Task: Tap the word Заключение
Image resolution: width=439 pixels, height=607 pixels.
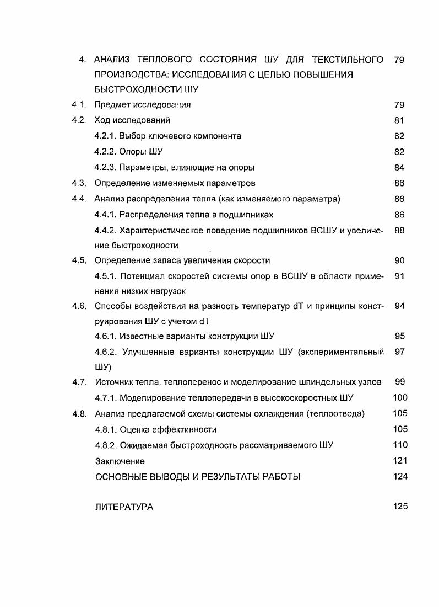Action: click(x=120, y=461)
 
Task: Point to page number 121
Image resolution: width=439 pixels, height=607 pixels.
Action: click(x=400, y=461)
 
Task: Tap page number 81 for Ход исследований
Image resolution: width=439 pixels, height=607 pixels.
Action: click(x=399, y=120)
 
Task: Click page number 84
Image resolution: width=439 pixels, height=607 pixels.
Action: click(x=399, y=167)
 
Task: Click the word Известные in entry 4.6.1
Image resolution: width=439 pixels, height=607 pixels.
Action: click(x=139, y=336)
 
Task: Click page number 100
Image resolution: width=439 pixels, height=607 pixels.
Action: click(x=400, y=397)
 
